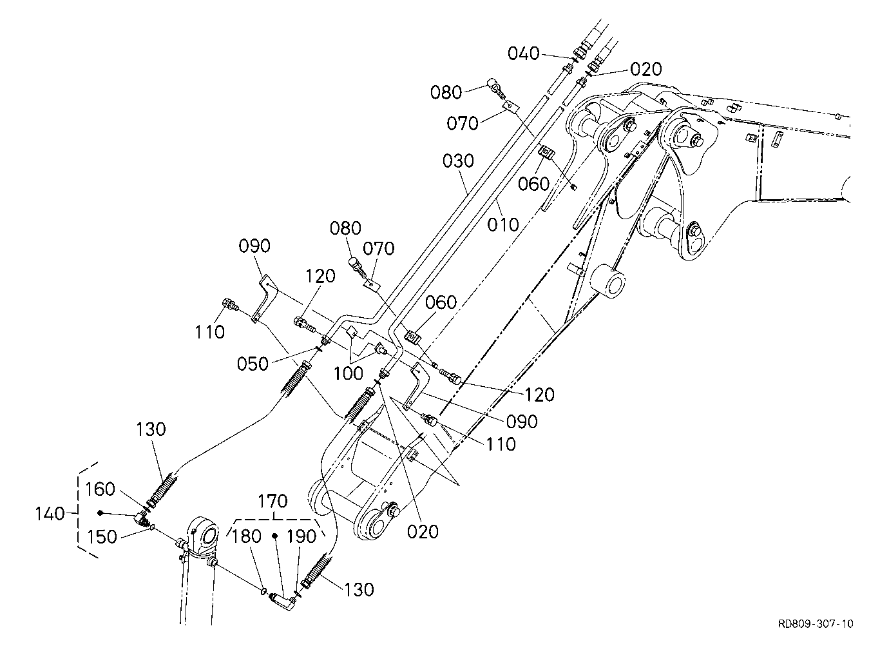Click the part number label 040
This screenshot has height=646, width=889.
coord(524,54)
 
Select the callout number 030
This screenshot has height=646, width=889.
coord(458,161)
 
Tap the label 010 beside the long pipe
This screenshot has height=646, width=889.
coord(503,225)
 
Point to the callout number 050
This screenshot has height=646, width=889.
coord(253,364)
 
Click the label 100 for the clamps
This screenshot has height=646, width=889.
coord(348,373)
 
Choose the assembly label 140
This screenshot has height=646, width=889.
coord(50,514)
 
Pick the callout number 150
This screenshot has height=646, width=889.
coord(102,537)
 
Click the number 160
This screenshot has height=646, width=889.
coord(100,489)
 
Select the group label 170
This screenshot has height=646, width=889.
coord(272,502)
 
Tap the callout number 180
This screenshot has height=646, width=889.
coord(246,536)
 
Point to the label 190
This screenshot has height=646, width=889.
coord(301,537)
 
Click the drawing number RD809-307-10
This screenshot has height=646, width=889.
coord(816,623)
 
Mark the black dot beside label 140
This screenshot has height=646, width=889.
coord(100,513)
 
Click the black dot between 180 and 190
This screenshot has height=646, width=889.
coord(274,536)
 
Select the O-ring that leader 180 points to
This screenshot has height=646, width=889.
coord(263,592)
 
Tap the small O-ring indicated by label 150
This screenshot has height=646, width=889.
coord(152,527)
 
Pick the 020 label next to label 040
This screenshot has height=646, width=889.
coord(646,70)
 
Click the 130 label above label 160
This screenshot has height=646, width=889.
coord(151,429)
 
